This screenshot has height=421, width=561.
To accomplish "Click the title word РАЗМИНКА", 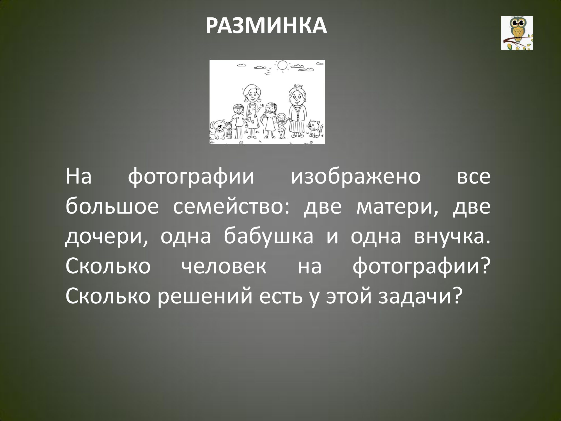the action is click(x=266, y=26).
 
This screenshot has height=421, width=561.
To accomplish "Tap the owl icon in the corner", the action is click(x=517, y=33).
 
